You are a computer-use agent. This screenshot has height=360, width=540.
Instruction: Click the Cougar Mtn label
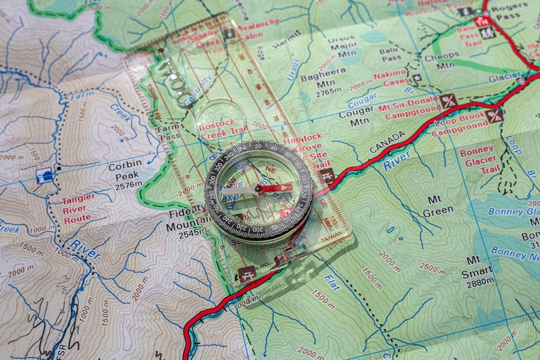(356, 118)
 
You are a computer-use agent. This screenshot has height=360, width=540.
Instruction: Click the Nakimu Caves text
(390, 78)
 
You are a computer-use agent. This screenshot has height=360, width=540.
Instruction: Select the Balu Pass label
(390, 54)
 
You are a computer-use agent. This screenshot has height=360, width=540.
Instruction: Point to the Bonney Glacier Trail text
(478, 160)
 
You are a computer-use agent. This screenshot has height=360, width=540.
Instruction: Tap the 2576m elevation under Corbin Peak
(128, 184)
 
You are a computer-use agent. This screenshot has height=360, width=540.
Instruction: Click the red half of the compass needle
(275, 188)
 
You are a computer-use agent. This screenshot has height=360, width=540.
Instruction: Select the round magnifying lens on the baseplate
(221, 119)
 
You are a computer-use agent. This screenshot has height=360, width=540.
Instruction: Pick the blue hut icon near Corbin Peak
(45, 176)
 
